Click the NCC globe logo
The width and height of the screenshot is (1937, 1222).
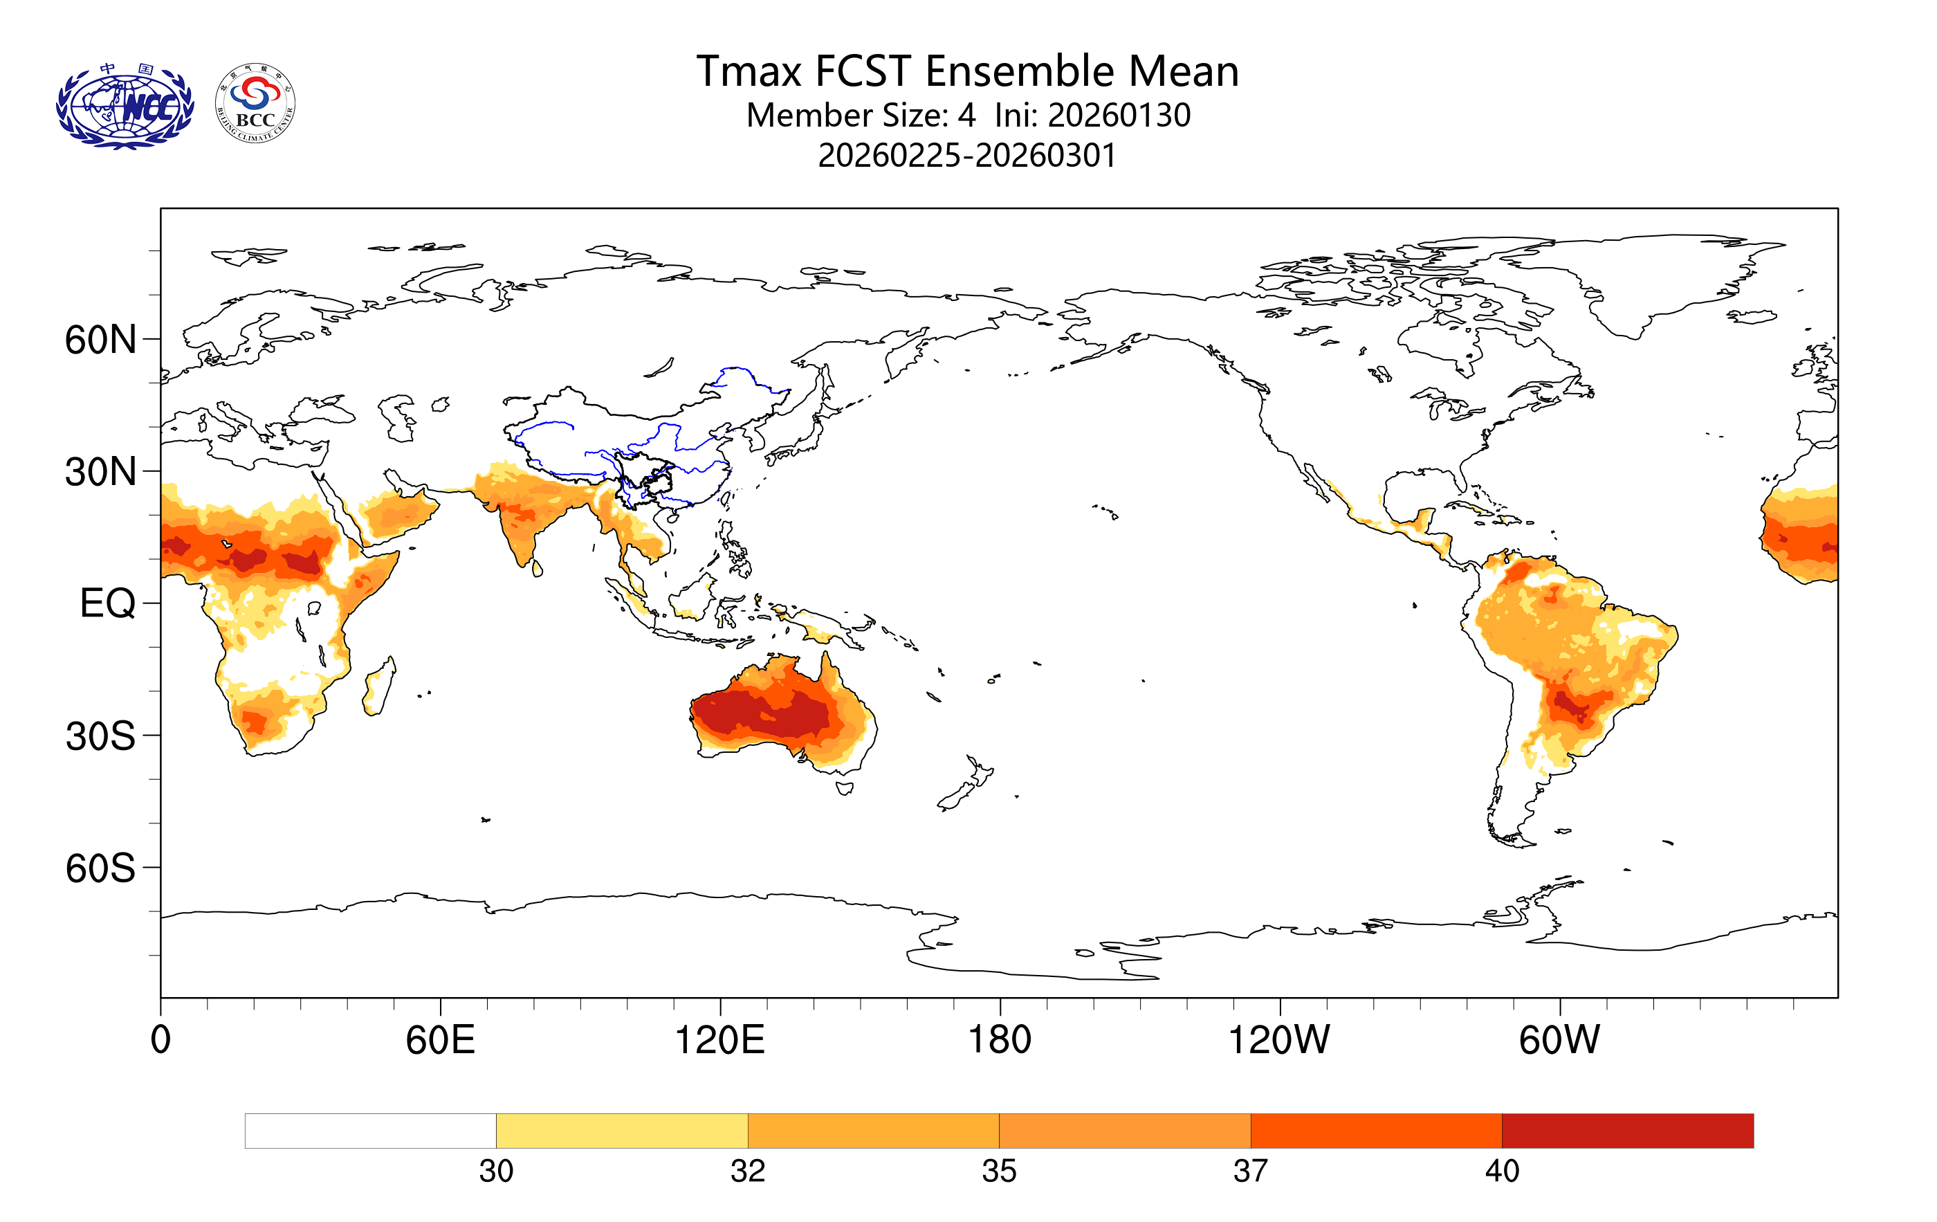pos(125,107)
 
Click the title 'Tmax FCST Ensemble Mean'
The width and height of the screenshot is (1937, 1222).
pos(967,71)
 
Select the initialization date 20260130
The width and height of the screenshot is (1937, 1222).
pos(1119,115)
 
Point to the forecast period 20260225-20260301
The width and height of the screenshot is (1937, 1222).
pos(967,155)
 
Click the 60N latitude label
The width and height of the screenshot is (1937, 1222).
pos(100,340)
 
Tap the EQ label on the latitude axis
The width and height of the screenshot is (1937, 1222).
pos(107,603)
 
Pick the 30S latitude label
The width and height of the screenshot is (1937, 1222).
pos(100,736)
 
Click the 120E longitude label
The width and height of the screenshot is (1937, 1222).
pos(719,1040)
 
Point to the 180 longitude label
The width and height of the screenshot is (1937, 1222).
pos(999,1040)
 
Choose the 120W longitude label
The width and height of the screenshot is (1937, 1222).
pos(1279,1040)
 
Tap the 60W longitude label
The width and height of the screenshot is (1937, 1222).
pos(1559,1040)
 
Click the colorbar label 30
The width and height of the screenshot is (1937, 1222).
pos(495,1171)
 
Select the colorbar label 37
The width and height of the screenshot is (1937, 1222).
pos(1250,1171)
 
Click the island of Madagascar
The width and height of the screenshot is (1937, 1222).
pos(379,688)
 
